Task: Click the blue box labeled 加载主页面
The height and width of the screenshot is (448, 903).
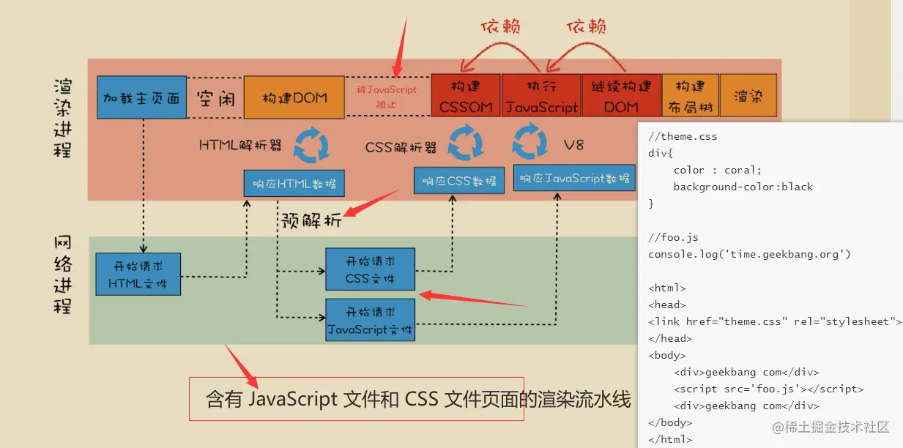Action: click(x=141, y=97)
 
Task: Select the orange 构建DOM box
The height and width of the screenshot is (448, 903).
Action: click(x=294, y=97)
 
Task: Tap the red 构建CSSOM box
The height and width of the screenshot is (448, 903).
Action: click(x=466, y=96)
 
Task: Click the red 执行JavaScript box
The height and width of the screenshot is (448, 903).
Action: click(x=541, y=96)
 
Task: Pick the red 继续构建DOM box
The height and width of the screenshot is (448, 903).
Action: click(x=621, y=96)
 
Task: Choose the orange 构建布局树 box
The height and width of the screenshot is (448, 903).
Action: click(x=690, y=96)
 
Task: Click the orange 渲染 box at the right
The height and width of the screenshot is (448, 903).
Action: click(x=748, y=96)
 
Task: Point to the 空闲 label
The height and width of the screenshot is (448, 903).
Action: click(x=215, y=98)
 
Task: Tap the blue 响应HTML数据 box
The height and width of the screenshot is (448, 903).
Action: click(x=294, y=183)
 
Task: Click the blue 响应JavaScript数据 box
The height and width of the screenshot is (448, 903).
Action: click(x=575, y=178)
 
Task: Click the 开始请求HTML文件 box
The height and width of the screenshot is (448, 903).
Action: click(x=138, y=274)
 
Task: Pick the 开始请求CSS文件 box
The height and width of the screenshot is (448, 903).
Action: click(x=370, y=269)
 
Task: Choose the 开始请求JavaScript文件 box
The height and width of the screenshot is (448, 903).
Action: click(x=370, y=320)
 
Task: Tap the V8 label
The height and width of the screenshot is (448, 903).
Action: click(x=573, y=144)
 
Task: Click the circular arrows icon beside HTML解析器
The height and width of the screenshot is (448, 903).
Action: click(x=311, y=144)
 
